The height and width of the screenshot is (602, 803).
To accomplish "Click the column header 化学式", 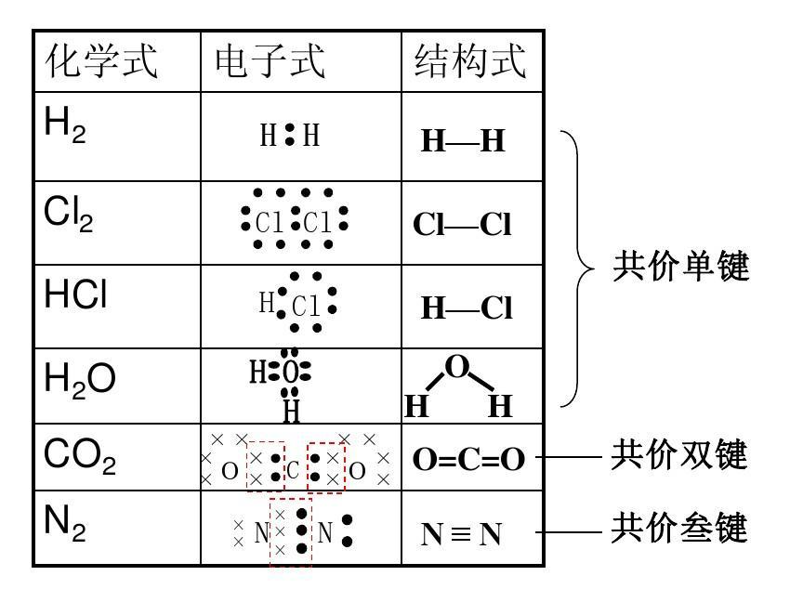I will pyautogui.click(x=102, y=62).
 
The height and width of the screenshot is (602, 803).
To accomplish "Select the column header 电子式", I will pyautogui.click(x=270, y=62).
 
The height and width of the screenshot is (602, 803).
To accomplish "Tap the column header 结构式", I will pyautogui.click(x=470, y=62).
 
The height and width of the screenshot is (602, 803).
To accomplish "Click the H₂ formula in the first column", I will pyautogui.click(x=65, y=125).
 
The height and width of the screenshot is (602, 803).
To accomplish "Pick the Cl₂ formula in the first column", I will pyautogui.click(x=68, y=216).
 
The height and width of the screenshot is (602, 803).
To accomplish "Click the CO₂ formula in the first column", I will pyautogui.click(x=80, y=457).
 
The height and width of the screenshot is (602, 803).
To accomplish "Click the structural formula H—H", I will pyautogui.click(x=463, y=141).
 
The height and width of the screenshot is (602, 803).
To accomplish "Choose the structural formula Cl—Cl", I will pyautogui.click(x=462, y=226).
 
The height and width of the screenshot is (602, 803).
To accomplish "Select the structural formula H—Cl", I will pyautogui.click(x=467, y=308).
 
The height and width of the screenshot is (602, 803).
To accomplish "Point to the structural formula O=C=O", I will pyautogui.click(x=468, y=460).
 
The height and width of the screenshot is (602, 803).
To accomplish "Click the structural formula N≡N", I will pyautogui.click(x=462, y=534).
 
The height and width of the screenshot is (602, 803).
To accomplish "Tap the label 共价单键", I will pyautogui.click(x=680, y=268).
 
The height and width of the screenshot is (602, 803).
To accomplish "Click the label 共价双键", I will pyautogui.click(x=680, y=456).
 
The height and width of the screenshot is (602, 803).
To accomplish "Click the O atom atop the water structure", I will pyautogui.click(x=456, y=367).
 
